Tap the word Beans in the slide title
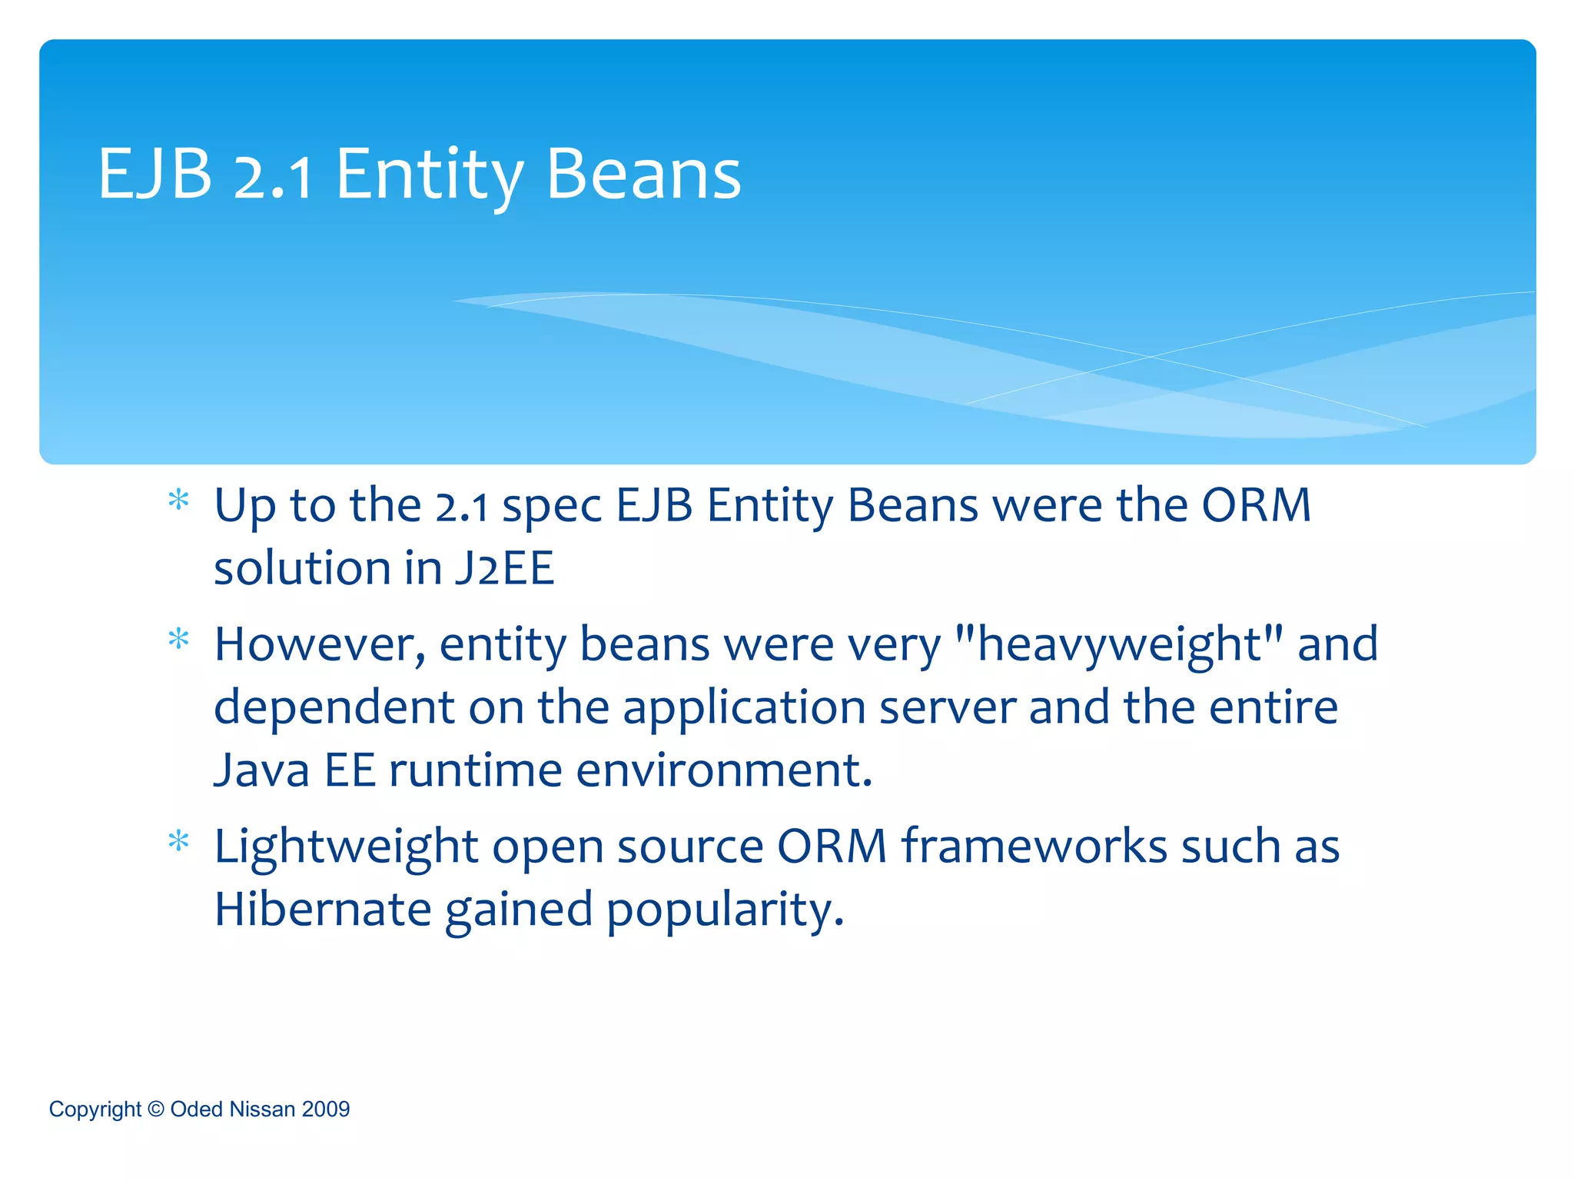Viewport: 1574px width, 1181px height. pyautogui.click(x=643, y=175)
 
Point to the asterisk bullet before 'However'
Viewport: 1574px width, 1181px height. pyautogui.click(x=178, y=640)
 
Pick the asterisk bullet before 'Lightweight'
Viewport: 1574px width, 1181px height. pyautogui.click(x=178, y=842)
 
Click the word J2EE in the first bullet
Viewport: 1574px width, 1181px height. pyautogui.click(x=504, y=569)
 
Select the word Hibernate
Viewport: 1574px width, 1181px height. pyautogui.click(x=323, y=909)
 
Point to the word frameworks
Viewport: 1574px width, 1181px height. pyautogui.click(x=1034, y=847)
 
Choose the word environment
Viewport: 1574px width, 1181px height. pyautogui.click(x=724, y=770)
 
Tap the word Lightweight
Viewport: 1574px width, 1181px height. pyautogui.click(x=346, y=847)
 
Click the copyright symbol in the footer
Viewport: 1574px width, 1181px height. pyautogui.click(x=156, y=1109)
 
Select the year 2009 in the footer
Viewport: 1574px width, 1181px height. pyautogui.click(x=326, y=1109)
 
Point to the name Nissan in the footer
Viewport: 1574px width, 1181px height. pyautogui.click(x=262, y=1109)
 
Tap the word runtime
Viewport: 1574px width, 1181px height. pyautogui.click(x=475, y=770)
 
